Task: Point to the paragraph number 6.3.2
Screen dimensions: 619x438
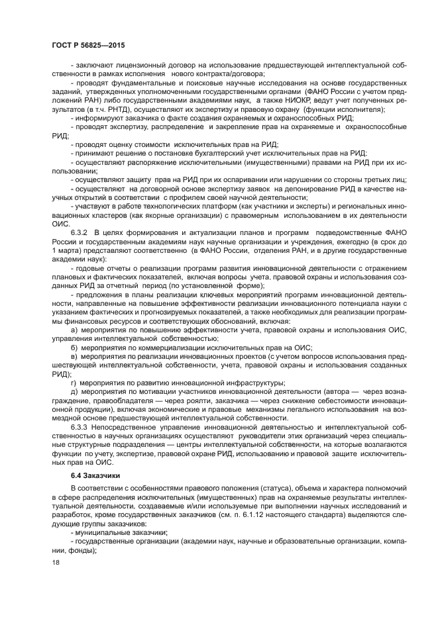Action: coord(80,234)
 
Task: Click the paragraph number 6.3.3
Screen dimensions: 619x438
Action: coord(80,426)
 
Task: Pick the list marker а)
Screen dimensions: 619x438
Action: coord(74,328)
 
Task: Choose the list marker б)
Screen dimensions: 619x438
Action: coord(74,347)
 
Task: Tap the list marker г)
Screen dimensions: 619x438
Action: coord(74,382)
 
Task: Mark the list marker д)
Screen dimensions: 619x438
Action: coord(74,391)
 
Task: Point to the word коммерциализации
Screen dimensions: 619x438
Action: coord(167,347)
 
